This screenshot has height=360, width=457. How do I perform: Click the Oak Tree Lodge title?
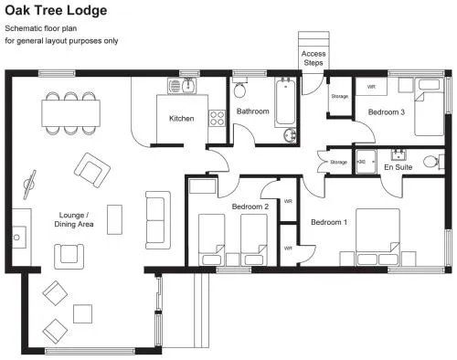(56, 10)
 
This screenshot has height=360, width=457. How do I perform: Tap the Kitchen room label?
(182, 119)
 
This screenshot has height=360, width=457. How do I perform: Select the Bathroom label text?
(253, 111)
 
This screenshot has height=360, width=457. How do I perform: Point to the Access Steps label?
(314, 58)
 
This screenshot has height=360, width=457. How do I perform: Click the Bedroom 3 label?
(387, 112)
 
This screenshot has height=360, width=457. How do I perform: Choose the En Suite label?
(399, 167)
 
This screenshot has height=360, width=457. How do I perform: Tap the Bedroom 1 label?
(329, 222)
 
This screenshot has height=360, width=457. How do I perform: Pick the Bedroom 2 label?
(250, 206)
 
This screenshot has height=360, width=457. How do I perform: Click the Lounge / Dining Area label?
(74, 219)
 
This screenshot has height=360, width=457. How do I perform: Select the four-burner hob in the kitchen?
(217, 118)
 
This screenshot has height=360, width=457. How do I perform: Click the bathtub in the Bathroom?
(285, 102)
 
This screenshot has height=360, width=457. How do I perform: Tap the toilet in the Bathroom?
(240, 88)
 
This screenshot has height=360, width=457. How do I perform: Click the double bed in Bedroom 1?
(377, 237)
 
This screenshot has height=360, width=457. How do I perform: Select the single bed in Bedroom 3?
(429, 107)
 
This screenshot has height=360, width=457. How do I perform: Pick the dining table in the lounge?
(71, 113)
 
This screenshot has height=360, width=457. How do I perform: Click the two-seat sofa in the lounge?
(158, 220)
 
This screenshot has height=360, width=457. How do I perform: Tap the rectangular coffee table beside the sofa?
(114, 219)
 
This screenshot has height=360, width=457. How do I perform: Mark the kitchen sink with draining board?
(182, 86)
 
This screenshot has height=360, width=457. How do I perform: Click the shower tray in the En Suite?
(366, 162)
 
